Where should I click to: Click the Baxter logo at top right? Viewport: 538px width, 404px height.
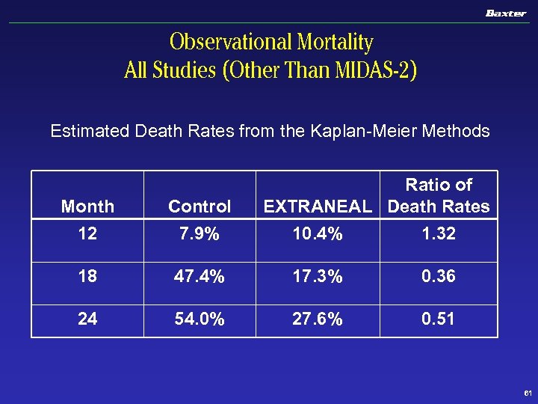click(506, 13)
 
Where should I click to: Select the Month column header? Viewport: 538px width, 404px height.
click(87, 206)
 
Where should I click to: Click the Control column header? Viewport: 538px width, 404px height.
click(200, 206)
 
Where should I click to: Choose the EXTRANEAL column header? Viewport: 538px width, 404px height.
click(318, 206)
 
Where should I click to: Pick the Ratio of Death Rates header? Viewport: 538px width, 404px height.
click(439, 195)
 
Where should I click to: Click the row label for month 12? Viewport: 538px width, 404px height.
click(87, 234)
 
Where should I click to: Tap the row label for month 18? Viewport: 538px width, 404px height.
click(87, 277)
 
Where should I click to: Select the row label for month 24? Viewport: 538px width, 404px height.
click(87, 319)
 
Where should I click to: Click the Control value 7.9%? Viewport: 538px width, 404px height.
click(200, 234)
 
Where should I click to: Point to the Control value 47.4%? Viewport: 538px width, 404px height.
click(200, 277)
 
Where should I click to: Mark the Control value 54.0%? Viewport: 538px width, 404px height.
click(200, 319)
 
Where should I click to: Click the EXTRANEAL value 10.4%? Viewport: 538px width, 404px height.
click(318, 234)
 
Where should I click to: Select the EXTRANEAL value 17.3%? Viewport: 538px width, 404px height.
click(318, 277)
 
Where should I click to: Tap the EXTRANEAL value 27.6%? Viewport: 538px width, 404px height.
click(318, 319)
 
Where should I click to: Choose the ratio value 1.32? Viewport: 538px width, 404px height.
click(439, 234)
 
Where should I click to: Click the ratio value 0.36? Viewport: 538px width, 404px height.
click(439, 277)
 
